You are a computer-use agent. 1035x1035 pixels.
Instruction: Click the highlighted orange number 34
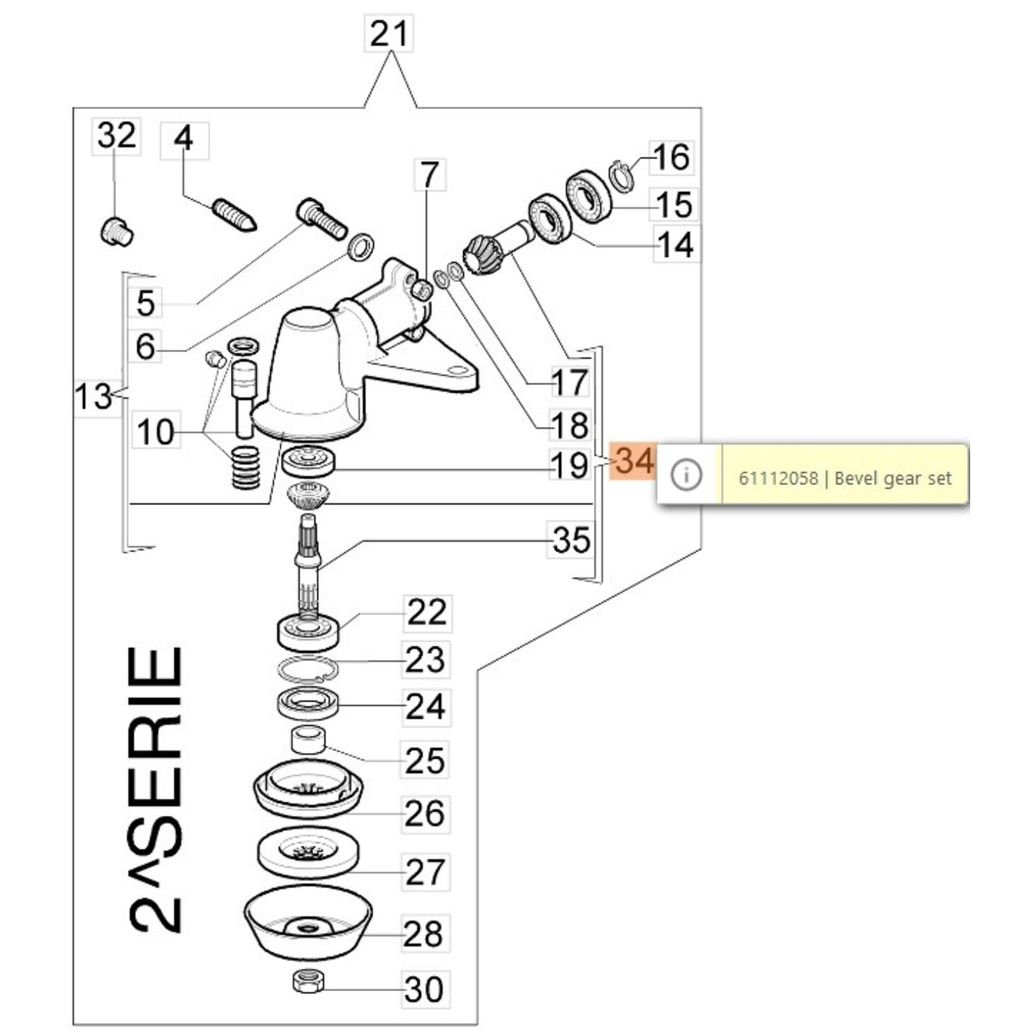click(x=634, y=461)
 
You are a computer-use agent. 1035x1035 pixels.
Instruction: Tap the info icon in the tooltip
click(x=686, y=476)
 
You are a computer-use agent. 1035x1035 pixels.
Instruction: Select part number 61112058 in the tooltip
click(x=778, y=479)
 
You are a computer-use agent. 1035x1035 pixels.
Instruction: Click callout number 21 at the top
click(x=389, y=34)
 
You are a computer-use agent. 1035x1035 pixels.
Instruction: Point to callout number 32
click(x=116, y=136)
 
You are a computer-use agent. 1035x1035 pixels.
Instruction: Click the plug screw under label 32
click(x=117, y=232)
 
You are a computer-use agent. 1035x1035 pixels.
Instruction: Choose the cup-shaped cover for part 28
click(x=308, y=926)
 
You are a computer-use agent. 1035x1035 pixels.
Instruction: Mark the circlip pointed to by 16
click(x=622, y=175)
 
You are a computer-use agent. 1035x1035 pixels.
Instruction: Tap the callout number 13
click(x=94, y=396)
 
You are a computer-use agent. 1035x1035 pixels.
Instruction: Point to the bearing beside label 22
click(x=308, y=633)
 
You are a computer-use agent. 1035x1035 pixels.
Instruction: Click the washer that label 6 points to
click(x=360, y=247)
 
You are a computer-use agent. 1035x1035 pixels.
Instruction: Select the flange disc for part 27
click(x=308, y=853)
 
